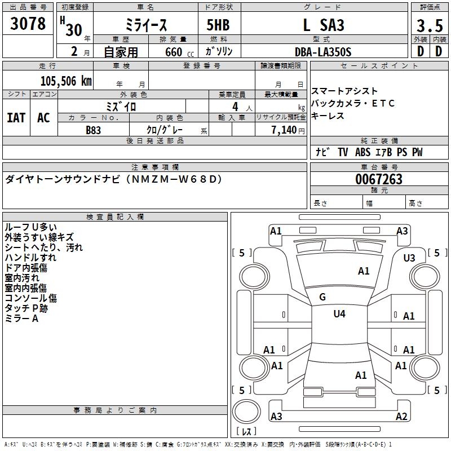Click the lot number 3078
[28, 24]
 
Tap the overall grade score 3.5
[428, 26]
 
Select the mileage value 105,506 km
[66, 81]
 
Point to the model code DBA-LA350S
[323, 51]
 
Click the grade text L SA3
[323, 25]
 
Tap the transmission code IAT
[16, 117]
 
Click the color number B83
[94, 130]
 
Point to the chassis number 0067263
[379, 179]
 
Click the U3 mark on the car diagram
[409, 258]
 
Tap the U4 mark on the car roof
[339, 313]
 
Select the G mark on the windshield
[322, 297]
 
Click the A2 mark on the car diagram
[401, 417]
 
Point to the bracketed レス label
[249, 432]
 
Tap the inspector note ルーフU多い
[30, 228]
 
